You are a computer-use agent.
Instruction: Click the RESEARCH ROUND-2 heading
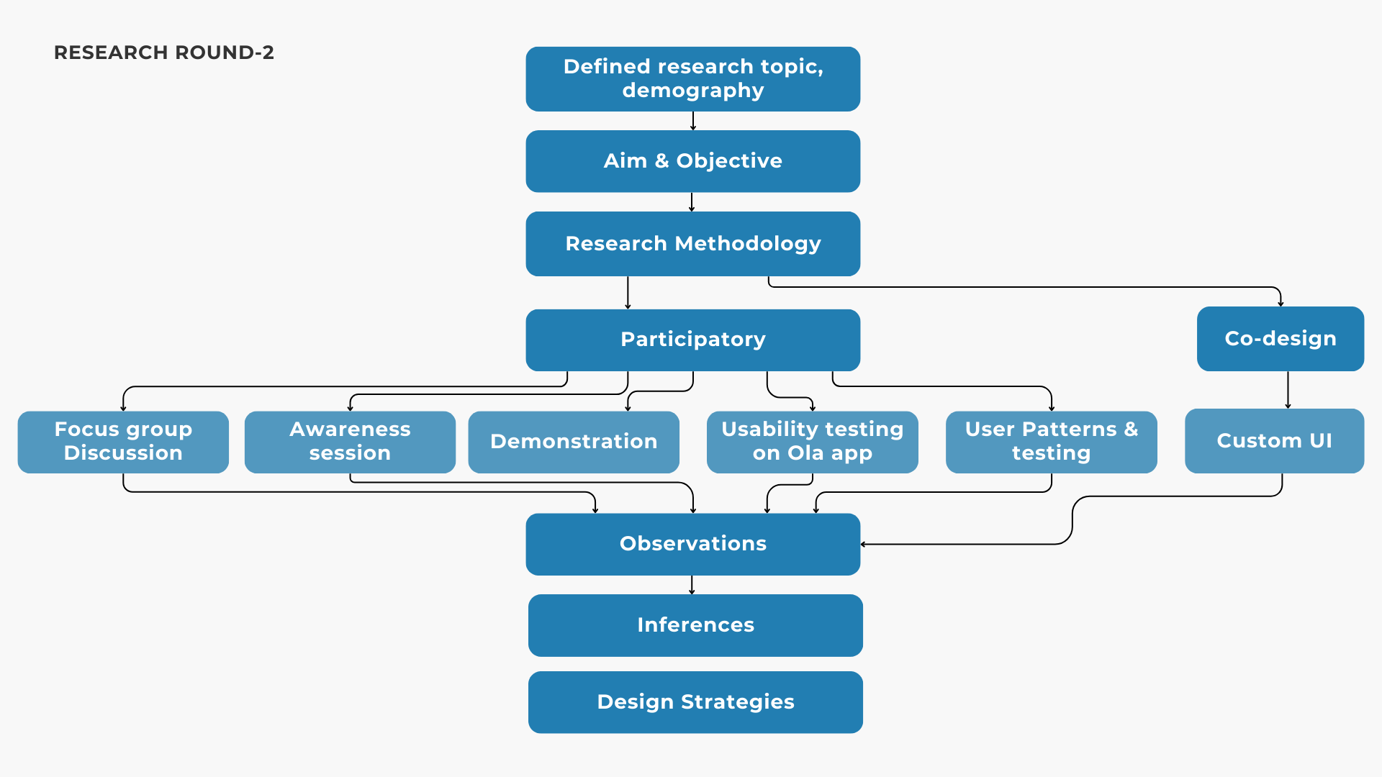coord(164,53)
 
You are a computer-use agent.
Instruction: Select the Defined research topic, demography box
coord(692,79)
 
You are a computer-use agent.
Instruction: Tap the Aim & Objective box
coord(692,161)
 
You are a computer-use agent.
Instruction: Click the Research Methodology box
coord(692,244)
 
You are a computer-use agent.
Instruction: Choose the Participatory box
coord(692,340)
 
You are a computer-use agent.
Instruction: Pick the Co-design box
coord(1280,339)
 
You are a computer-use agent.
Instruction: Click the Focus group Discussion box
coord(123,442)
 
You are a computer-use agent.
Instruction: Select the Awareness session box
coord(350,442)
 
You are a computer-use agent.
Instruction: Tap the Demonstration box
coord(574,442)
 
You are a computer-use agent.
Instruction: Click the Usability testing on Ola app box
coord(812,442)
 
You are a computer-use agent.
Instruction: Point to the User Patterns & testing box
coord(1051,442)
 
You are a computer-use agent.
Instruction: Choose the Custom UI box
coord(1274,441)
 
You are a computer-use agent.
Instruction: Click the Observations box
coord(692,544)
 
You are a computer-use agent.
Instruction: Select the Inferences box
coord(695,625)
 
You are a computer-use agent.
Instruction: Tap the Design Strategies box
coord(695,702)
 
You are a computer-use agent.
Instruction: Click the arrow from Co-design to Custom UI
coord(1288,390)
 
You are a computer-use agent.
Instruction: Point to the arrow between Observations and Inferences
coord(692,585)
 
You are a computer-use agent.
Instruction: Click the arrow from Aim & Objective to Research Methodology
coord(692,202)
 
